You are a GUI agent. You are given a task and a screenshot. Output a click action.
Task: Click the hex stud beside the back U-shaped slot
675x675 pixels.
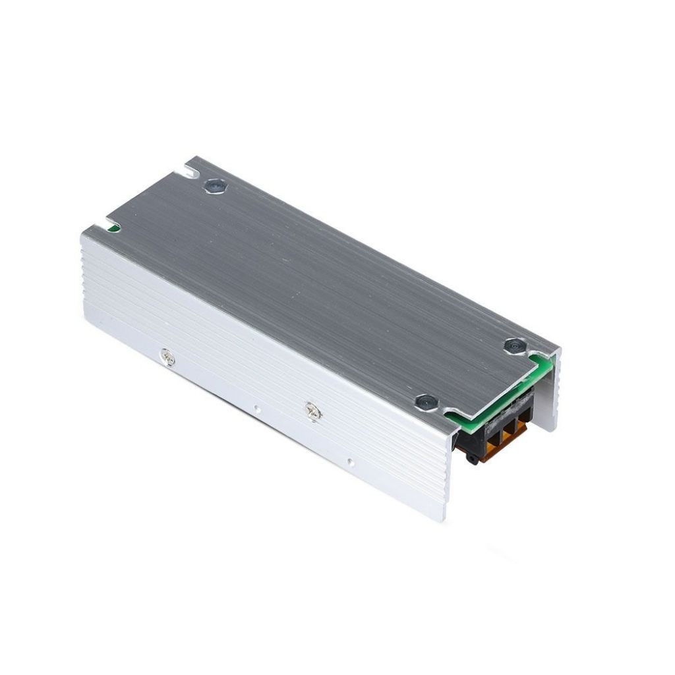click(214, 187)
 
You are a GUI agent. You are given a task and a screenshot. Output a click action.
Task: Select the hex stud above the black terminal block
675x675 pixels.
click(425, 401)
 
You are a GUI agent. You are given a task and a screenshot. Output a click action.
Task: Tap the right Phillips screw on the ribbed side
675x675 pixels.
click(312, 411)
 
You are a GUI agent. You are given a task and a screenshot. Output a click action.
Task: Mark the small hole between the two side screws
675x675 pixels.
click(257, 409)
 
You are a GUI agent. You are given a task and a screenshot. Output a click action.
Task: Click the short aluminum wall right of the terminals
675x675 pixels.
click(550, 396)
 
